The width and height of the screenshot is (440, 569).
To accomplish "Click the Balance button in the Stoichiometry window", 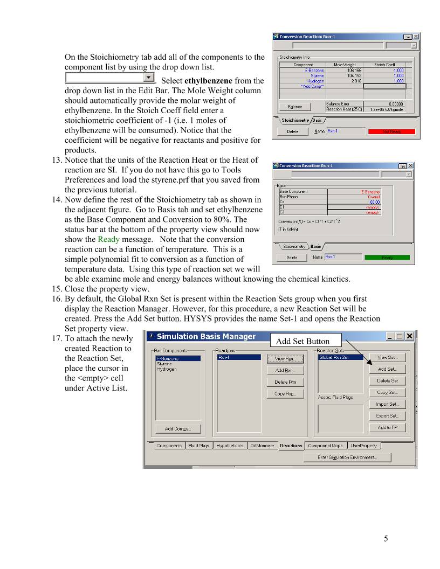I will pyautogui.click(x=295, y=107).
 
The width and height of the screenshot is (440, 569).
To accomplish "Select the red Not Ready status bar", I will pyautogui.click(x=391, y=131).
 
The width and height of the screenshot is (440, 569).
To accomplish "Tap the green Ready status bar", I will pyautogui.click(x=387, y=258).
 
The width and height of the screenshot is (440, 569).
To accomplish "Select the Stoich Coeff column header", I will pyautogui.click(x=384, y=65).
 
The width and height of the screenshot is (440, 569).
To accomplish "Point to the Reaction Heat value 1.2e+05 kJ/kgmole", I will pyautogui.click(x=384, y=109).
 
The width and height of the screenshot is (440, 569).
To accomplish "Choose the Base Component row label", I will pyautogui.click(x=294, y=191).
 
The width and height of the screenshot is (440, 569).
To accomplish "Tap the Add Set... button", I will pyautogui.click(x=387, y=369).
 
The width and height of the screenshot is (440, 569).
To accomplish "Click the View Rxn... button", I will pyautogui.click(x=285, y=358).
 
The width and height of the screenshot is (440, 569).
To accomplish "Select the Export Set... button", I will pyautogui.click(x=387, y=416).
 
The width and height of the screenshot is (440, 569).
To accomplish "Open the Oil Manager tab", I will pyautogui.click(x=262, y=446).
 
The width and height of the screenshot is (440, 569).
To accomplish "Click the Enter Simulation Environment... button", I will pyautogui.click(x=347, y=457).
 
